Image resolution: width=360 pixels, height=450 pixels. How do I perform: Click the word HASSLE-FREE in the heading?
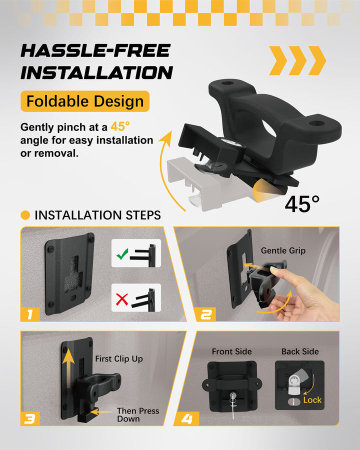[x=95, y=50]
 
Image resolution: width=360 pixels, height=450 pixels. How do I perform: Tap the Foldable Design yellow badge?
[x=85, y=101]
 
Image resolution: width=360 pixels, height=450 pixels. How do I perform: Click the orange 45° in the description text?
[x=120, y=126]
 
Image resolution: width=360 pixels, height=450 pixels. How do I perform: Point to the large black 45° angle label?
[x=302, y=204]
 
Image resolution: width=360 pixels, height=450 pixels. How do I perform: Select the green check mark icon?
[x=122, y=254]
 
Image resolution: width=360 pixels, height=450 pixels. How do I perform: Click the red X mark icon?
[x=122, y=299]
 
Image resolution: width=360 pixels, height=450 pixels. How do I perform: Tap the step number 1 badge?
[x=30, y=314]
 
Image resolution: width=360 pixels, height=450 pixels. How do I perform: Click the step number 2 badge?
[x=206, y=314]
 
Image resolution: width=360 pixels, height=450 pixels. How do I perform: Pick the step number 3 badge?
[x=30, y=418]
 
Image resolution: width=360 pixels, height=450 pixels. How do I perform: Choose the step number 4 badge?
[x=186, y=418]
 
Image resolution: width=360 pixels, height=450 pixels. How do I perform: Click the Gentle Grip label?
[x=283, y=251]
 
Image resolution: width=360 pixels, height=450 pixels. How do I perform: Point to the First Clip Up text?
[x=119, y=358]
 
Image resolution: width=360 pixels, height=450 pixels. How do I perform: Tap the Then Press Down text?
[x=138, y=414]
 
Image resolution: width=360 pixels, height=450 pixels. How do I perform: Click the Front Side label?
[x=231, y=351]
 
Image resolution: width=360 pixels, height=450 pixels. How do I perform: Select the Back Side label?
[x=300, y=351]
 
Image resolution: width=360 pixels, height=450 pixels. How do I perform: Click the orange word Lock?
[x=312, y=400]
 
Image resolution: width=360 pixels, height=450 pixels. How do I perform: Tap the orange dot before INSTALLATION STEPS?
[x=25, y=215]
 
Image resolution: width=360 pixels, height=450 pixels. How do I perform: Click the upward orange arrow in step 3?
[x=68, y=370]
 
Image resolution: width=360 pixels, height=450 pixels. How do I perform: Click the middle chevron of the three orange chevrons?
[x=297, y=60]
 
